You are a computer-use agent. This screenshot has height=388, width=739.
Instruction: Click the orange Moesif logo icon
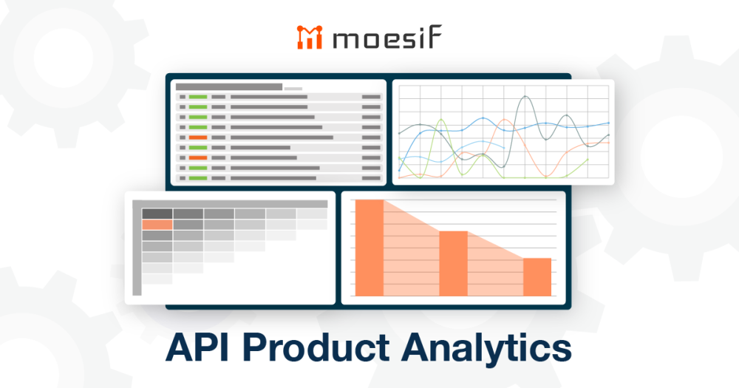[307, 37]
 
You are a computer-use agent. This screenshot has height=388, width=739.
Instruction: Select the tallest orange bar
[369, 248]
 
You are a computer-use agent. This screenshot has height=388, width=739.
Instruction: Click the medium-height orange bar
[454, 263]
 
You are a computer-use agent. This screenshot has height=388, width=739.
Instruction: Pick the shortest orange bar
[537, 276]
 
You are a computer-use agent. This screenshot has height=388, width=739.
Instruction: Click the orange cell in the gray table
[157, 225]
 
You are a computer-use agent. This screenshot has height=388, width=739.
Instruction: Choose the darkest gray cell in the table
[157, 214]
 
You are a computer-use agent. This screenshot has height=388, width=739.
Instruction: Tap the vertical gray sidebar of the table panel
[136, 251]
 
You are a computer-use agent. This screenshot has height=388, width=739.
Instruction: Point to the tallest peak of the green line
[441, 120]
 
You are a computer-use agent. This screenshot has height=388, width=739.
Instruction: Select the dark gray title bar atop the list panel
[228, 86]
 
